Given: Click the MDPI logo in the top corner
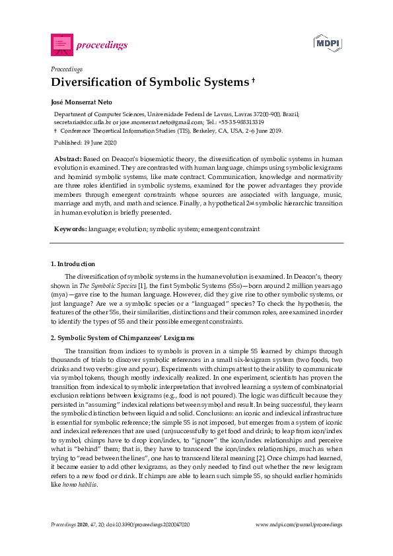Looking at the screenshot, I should (x=328, y=44).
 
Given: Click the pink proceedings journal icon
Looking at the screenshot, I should (x=61, y=44).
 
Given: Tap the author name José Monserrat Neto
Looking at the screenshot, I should (x=84, y=102).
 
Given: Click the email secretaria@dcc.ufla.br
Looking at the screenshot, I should (x=83, y=122).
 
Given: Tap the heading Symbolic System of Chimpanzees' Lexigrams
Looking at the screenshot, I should (x=125, y=338).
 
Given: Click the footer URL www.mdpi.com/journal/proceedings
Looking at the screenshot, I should (x=299, y=524).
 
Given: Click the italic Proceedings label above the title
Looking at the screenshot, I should (x=66, y=69).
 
